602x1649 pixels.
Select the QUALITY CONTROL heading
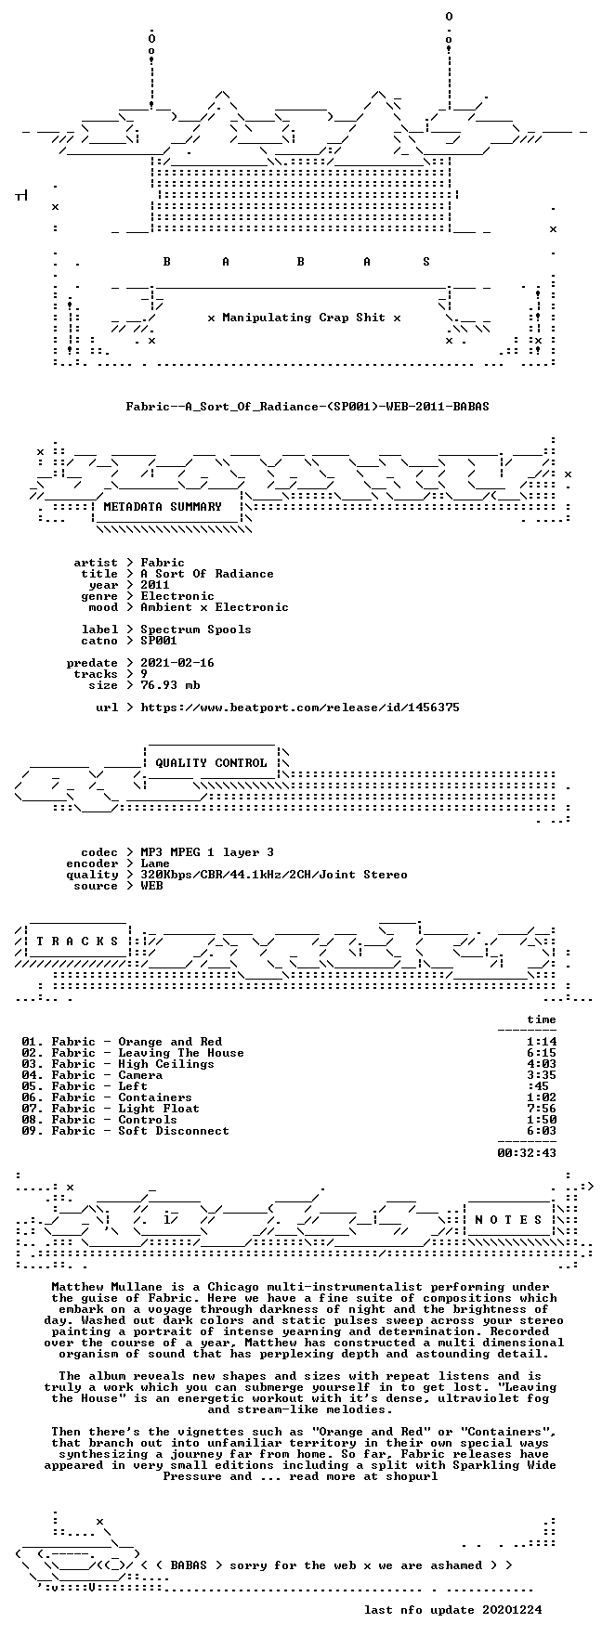coord(211,763)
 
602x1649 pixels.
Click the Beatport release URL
coord(300,708)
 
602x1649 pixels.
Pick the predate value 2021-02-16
coord(177,663)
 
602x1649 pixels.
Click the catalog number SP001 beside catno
coord(159,641)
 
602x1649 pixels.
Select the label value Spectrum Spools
coord(196,630)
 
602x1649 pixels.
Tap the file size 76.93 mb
coord(170,685)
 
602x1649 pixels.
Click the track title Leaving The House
coord(181,1053)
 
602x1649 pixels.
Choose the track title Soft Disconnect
coord(174,1131)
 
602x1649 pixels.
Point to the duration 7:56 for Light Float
coord(542,1109)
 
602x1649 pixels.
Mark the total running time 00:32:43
coord(527,1153)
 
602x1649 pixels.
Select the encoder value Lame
coord(155,863)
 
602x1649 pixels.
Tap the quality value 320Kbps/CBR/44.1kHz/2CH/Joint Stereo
coord(274,875)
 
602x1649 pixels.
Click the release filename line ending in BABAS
coord(308,407)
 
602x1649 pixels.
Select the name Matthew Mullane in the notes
coord(107,1287)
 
